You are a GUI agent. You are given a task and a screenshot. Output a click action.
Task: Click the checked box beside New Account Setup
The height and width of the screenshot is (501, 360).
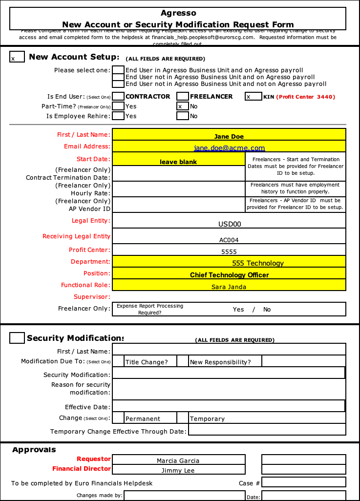17,57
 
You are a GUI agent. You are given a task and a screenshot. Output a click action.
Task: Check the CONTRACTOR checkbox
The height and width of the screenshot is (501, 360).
118,96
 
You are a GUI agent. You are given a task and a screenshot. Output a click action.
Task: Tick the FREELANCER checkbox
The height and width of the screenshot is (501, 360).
183,96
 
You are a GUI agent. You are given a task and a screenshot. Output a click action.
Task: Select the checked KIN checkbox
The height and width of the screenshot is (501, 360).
254,96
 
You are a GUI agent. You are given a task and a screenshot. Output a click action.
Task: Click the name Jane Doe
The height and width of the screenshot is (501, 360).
229,136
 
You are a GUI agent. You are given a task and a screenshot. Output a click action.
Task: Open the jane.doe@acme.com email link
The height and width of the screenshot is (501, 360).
229,148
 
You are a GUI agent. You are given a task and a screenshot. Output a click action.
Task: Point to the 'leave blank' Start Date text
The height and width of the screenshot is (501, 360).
178,162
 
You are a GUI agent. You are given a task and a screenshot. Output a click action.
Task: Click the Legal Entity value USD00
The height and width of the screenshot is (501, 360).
229,224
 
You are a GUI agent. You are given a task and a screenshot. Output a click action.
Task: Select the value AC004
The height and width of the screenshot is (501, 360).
229,240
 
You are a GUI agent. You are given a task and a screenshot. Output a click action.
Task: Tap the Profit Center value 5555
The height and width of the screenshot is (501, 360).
229,251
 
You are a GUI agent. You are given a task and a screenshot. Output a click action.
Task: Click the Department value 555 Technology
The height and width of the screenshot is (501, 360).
257,263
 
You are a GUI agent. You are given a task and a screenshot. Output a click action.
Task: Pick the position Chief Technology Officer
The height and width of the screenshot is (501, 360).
229,275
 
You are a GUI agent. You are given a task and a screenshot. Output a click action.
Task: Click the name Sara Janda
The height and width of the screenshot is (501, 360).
229,287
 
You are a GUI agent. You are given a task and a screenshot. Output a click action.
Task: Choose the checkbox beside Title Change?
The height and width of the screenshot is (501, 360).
118,361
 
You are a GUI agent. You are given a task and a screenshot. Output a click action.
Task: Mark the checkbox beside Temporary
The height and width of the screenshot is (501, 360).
183,418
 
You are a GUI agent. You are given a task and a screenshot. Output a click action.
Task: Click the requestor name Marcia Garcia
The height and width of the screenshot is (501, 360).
178,460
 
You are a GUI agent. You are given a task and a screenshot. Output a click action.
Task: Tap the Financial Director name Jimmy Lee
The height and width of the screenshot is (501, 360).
178,470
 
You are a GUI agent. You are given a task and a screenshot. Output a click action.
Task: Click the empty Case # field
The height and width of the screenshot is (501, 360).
303,482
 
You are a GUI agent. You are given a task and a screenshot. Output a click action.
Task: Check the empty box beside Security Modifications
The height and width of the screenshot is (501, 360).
17,338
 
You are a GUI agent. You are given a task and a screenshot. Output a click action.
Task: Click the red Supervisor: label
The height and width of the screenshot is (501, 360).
92,296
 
